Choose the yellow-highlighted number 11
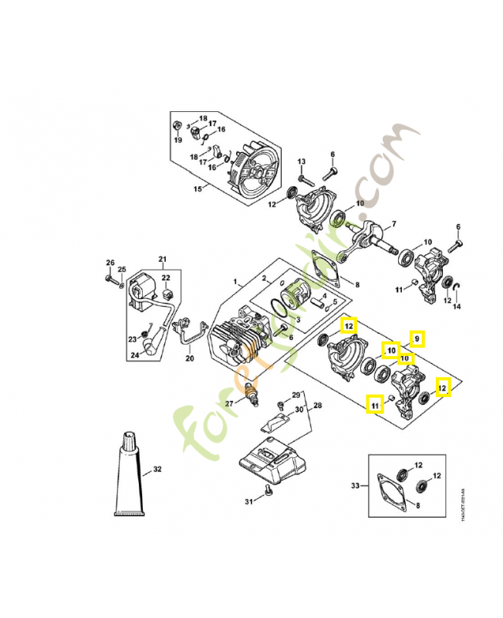(x=375, y=404)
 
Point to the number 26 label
(x=110, y=262)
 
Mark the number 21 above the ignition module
(x=163, y=259)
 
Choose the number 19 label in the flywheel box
(x=177, y=140)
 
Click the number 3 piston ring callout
(x=298, y=318)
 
